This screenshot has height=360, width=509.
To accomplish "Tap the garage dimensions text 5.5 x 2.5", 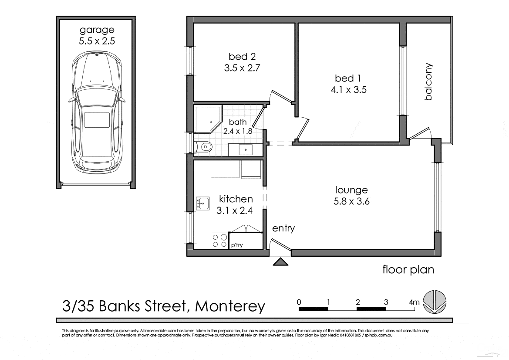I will pyautogui.click(x=97, y=42).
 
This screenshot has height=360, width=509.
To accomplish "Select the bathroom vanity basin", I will pyautogui.click(x=246, y=149).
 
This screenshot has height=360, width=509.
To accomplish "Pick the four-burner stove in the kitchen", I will pyautogui.click(x=219, y=241).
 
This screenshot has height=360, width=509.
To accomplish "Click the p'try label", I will pyautogui.click(x=237, y=245).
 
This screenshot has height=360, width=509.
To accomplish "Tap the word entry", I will pyautogui.click(x=283, y=228).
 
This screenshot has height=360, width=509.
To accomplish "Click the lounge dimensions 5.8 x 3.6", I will pyautogui.click(x=352, y=201).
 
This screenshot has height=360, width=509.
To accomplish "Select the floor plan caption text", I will pyautogui.click(x=408, y=269).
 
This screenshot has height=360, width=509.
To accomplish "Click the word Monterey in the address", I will pyautogui.click(x=230, y=306).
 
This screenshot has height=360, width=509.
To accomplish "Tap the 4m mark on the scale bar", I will pyautogui.click(x=414, y=302).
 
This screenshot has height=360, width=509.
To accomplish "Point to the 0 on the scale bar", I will pyautogui.click(x=299, y=302).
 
